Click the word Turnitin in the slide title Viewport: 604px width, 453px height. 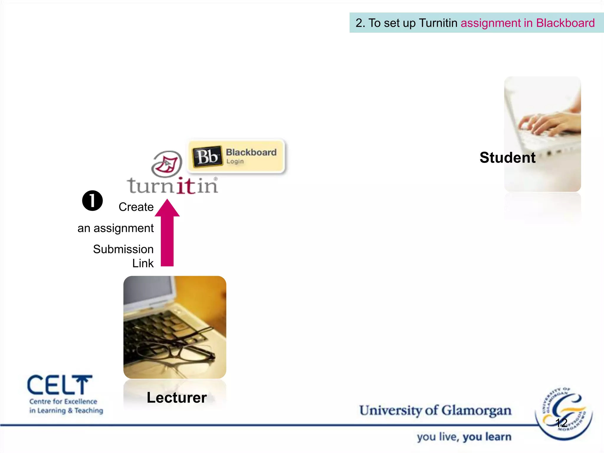pyautogui.click(x=438, y=23)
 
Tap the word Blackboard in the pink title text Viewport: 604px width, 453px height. pyautogui.click(x=565, y=23)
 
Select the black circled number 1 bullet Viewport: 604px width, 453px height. pyautogui.click(x=92, y=201)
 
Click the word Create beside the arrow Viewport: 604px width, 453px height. pyautogui.click(x=136, y=207)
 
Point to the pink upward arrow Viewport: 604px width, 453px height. pyautogui.click(x=167, y=233)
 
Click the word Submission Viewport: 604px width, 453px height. pyautogui.click(x=123, y=249)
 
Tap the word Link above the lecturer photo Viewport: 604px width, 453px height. pyautogui.click(x=143, y=263)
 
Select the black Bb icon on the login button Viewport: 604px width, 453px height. pyautogui.click(x=207, y=156)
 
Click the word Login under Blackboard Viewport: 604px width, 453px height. pyautogui.click(x=235, y=161)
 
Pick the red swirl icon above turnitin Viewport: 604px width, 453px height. pyautogui.click(x=167, y=164)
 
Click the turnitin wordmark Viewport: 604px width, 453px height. pyautogui.click(x=173, y=186)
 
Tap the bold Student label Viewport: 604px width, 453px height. pyautogui.click(x=507, y=157)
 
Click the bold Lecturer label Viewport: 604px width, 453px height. pyautogui.click(x=177, y=398)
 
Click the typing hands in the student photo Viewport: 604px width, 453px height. pyautogui.click(x=549, y=124)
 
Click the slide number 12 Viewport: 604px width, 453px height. pyautogui.click(x=561, y=423)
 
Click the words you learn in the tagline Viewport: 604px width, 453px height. pyautogui.click(x=487, y=437)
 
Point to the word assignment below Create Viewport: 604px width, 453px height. pyautogui.click(x=124, y=228)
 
